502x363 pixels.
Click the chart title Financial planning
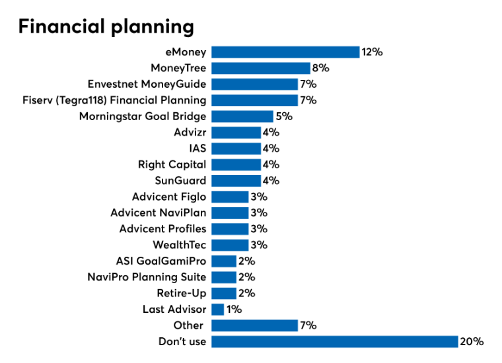[106, 26]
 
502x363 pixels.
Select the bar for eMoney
[285, 52]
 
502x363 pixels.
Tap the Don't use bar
[334, 341]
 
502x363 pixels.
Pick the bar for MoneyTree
[261, 68]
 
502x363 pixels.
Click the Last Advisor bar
[218, 310]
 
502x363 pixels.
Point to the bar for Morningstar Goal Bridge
[242, 116]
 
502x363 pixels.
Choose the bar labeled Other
[254, 325]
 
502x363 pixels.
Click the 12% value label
[373, 52]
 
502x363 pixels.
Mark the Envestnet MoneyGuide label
[147, 84]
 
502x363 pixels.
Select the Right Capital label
[172, 164]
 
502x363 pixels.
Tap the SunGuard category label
[180, 180]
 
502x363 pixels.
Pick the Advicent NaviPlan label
[159, 213]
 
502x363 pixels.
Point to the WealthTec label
[180, 245]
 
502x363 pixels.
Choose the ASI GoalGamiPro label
[161, 261]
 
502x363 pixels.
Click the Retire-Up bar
[224, 293]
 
